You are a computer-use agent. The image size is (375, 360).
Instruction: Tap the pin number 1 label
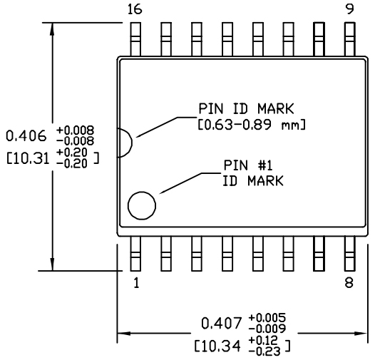pos(135,282)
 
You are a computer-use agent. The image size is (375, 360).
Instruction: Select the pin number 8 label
pos(349,282)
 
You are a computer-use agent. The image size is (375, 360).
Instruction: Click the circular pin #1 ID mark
pos(142,206)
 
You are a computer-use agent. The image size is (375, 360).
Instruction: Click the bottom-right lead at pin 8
pos(349,252)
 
